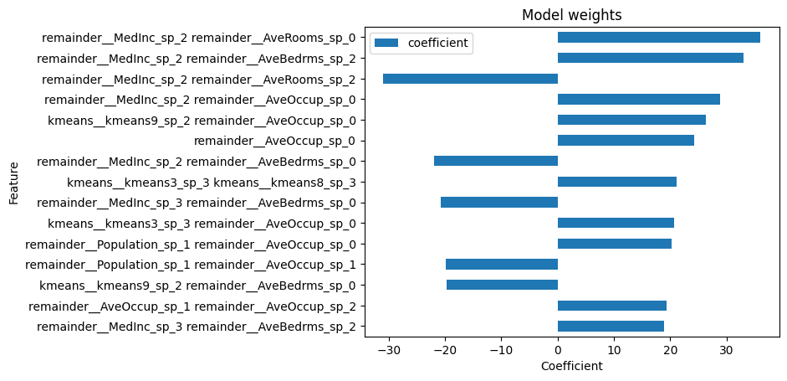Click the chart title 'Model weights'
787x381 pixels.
(x=571, y=14)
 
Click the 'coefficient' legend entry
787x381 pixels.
(x=437, y=42)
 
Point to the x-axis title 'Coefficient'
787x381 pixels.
(x=571, y=366)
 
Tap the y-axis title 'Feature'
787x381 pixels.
(x=14, y=182)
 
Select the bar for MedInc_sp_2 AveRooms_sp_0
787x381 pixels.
(x=658, y=37)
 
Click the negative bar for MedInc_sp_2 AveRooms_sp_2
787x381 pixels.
(x=470, y=79)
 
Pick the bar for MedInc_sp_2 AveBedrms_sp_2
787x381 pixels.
(x=650, y=58)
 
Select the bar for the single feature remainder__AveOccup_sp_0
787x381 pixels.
(x=626, y=141)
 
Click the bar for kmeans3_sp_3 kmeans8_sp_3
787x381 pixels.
(x=616, y=182)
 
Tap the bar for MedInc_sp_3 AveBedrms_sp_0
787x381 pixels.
(x=498, y=203)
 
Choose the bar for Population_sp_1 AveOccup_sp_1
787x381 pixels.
(x=501, y=265)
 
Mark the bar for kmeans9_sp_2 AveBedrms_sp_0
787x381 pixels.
(x=502, y=285)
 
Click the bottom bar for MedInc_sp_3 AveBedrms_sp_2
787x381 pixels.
(x=611, y=327)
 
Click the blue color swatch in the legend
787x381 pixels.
(x=387, y=42)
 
